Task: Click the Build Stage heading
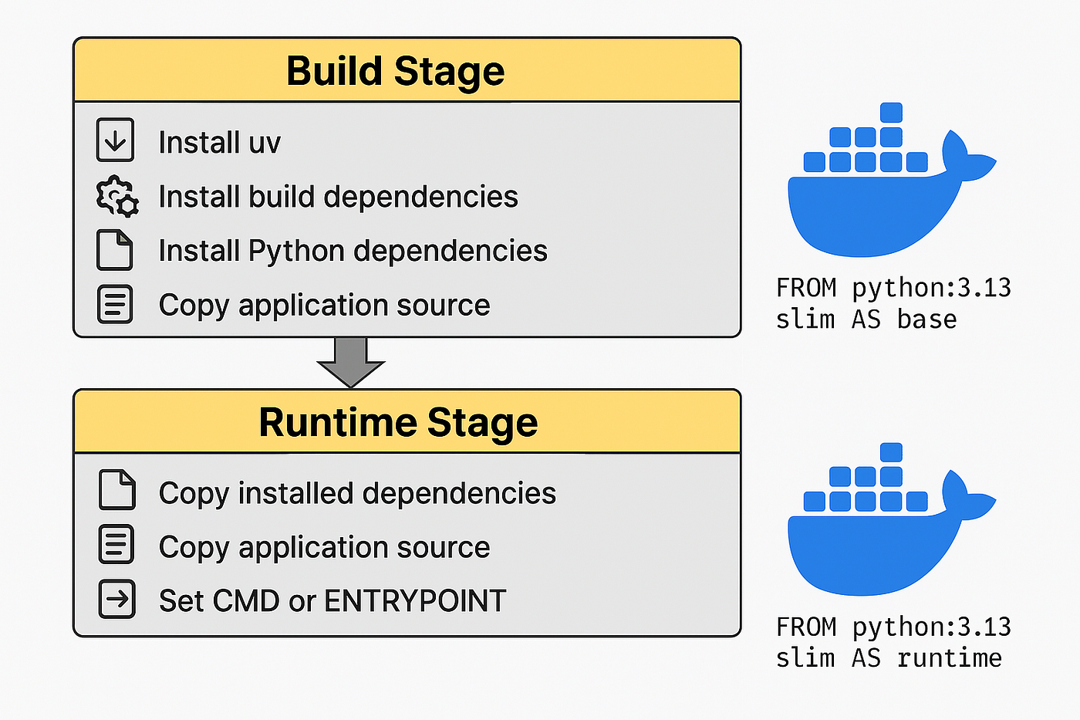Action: [x=395, y=71]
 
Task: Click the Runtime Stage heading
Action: [x=398, y=422]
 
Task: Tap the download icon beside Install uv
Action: [x=115, y=140]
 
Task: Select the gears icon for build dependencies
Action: [x=117, y=196]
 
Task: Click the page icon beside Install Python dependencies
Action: [x=114, y=249]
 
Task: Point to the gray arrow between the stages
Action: [x=351, y=363]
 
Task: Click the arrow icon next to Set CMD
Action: [x=116, y=599]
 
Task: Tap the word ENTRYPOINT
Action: [x=415, y=601]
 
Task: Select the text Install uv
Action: [x=219, y=143]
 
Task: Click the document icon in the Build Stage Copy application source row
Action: [x=115, y=304]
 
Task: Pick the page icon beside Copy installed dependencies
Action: [x=116, y=489]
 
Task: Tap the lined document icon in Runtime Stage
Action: [x=116, y=545]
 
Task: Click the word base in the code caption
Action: [x=926, y=319]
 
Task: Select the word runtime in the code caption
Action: [x=950, y=658]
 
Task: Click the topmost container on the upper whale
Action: [x=891, y=113]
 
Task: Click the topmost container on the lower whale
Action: [x=891, y=452]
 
